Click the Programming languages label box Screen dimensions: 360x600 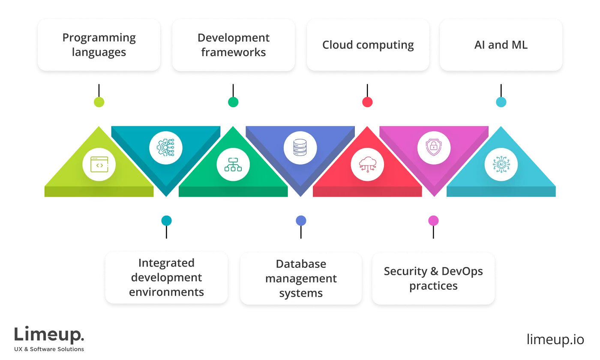(99, 45)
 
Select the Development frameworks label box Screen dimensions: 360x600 (234, 45)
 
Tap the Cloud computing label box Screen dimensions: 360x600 (368, 45)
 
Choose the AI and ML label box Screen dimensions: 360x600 (501, 45)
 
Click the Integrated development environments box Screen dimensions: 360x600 (166, 278)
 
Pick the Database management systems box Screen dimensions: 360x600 (301, 279)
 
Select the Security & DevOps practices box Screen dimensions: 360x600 (433, 279)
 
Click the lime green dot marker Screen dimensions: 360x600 (99, 102)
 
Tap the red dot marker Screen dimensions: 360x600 (367, 102)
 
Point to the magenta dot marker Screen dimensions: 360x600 (433, 220)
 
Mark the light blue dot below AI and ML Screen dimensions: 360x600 (501, 102)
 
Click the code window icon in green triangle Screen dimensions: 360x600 (99, 165)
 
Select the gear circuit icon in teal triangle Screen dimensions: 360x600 (166, 148)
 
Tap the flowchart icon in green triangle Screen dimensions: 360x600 (233, 165)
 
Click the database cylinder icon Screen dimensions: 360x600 (300, 148)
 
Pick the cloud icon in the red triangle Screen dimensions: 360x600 (367, 165)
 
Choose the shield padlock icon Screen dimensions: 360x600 (434, 148)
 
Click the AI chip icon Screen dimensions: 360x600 (501, 165)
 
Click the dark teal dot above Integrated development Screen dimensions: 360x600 (167, 220)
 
